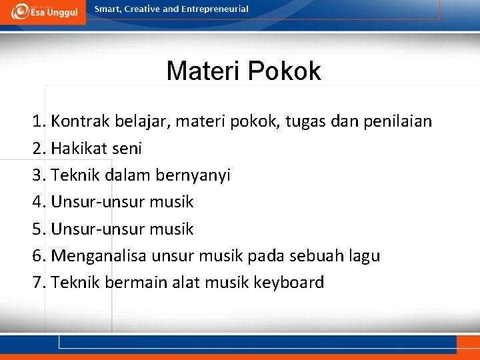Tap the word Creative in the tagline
click(x=139, y=9)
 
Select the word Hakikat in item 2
click(x=79, y=149)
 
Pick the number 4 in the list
click(x=37, y=202)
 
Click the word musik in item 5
click(x=171, y=229)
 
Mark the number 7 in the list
click(x=37, y=283)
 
